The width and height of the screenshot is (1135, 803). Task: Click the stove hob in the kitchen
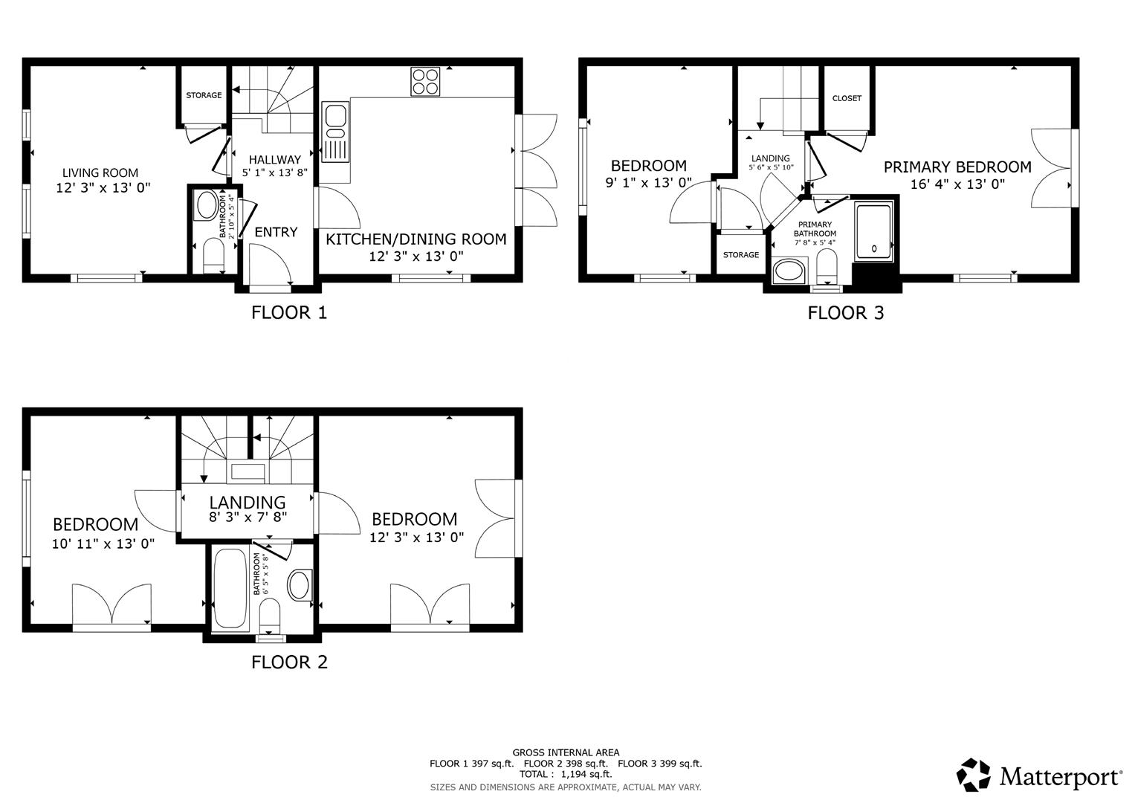coord(426,81)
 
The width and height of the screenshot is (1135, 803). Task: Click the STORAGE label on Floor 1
coord(204,95)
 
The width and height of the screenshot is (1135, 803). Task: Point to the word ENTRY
coord(276,232)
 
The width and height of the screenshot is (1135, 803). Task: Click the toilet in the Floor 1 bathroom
coord(213,255)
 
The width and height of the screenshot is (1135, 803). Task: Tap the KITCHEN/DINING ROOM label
coord(416,239)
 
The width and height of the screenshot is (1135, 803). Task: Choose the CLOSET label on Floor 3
coord(847,98)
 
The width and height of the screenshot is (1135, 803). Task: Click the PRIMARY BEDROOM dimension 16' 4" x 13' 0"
coord(957,184)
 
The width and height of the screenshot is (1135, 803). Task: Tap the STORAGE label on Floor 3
coord(741,255)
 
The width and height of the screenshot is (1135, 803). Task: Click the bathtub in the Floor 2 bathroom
coord(230,590)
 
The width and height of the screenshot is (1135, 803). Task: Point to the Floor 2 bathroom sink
coord(301,585)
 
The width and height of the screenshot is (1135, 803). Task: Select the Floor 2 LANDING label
coord(248,502)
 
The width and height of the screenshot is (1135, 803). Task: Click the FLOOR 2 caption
coord(289,662)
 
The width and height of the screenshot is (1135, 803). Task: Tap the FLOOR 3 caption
coord(846,313)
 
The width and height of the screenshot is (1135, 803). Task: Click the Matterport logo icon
coord(974,775)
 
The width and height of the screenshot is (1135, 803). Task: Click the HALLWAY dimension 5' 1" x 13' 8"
coord(274,172)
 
